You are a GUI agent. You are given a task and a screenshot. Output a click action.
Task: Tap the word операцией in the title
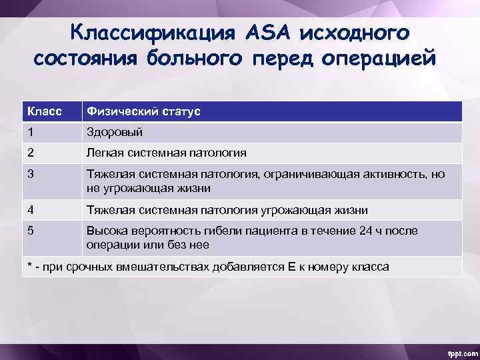[379, 59]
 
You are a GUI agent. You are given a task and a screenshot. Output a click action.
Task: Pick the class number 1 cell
[30, 132]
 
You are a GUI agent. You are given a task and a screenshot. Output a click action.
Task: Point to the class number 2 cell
[31, 153]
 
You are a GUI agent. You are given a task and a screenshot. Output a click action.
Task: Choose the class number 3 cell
[31, 174]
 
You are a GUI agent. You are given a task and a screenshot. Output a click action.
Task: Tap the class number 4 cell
[31, 210]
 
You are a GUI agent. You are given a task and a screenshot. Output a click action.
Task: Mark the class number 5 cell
[31, 231]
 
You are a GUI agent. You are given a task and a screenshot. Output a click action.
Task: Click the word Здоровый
[114, 132]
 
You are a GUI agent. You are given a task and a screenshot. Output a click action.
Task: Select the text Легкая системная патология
[166, 153]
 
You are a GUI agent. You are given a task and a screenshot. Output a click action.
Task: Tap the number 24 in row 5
[363, 231]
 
